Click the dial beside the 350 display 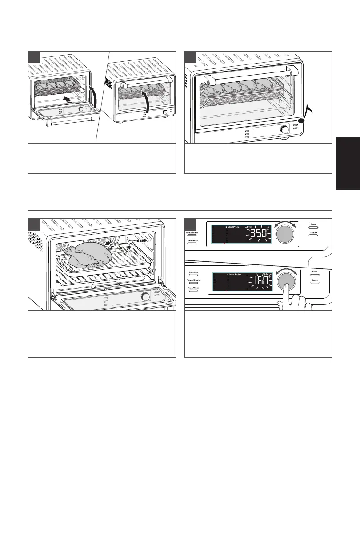click(286, 233)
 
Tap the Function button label click(192, 272)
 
